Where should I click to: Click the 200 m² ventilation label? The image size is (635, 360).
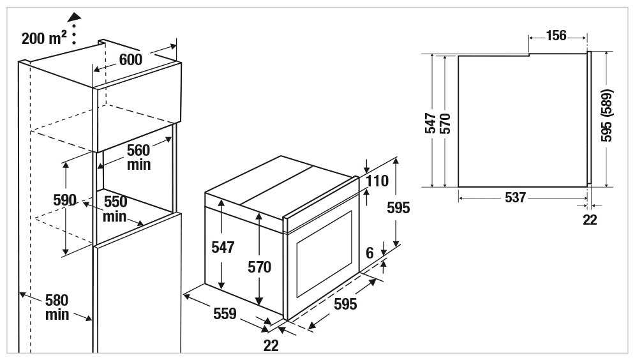point(44,38)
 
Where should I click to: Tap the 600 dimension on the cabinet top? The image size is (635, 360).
point(131,59)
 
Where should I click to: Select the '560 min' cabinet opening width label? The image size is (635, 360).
point(138,158)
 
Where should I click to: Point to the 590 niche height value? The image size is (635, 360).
point(65,200)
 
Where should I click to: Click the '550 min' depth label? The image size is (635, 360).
point(115,209)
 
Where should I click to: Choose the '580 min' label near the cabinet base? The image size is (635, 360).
point(57,308)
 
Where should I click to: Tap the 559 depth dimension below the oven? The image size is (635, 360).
point(225,313)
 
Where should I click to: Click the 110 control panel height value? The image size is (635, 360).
point(377,181)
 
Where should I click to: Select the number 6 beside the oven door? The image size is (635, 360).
point(370,253)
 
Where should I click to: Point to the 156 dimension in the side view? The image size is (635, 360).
point(556,35)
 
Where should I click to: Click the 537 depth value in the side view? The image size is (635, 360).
point(515,198)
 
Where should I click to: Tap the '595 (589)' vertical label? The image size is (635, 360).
point(606,116)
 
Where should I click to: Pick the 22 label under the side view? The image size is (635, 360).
point(590,220)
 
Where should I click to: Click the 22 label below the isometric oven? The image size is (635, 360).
point(271,345)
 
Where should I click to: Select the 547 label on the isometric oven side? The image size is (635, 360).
point(223,247)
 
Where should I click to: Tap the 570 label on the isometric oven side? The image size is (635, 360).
point(260,267)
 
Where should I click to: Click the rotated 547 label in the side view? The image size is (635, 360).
point(430,123)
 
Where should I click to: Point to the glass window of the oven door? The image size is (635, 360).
point(324,254)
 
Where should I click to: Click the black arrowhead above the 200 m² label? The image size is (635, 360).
point(75,17)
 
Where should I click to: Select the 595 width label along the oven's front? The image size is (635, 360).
point(345,304)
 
